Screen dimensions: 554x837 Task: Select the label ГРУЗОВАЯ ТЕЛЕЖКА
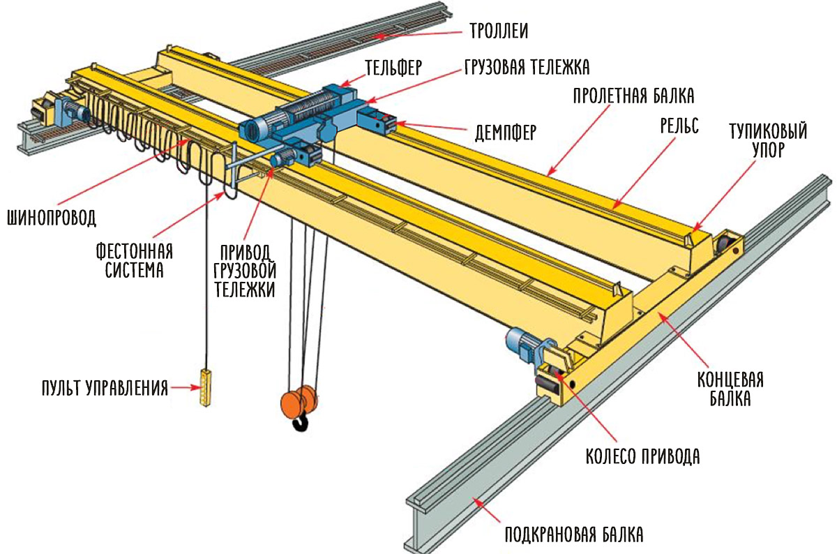[527, 67]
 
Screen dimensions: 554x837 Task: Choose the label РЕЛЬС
[679, 126]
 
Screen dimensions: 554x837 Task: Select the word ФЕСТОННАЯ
[135, 250]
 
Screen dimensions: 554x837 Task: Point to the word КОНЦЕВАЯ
[730, 380]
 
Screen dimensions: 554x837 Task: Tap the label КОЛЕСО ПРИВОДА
[642, 457]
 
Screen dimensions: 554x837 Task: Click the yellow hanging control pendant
[204, 386]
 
